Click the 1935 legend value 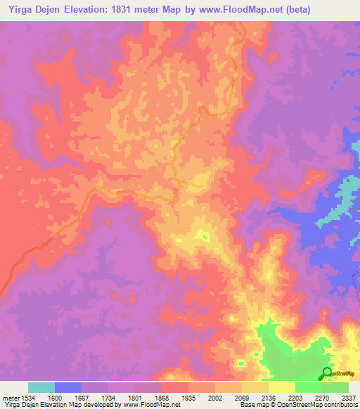click(189, 397)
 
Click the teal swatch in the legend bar click(41, 387)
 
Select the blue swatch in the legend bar click(68, 387)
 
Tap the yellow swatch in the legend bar click(282, 387)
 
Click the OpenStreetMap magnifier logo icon click(327, 373)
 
